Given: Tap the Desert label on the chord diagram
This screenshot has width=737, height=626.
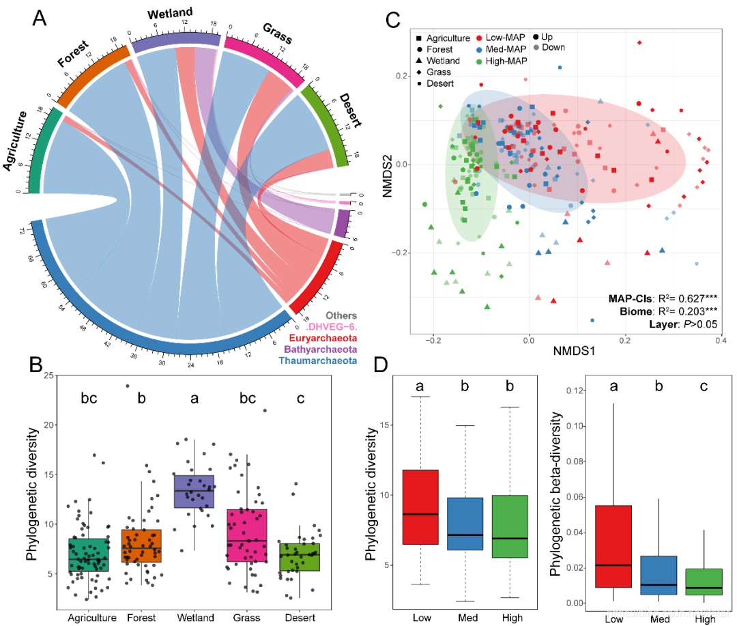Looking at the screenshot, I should [x=349, y=109].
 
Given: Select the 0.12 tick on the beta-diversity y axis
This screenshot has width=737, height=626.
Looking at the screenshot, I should [x=575, y=390].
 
